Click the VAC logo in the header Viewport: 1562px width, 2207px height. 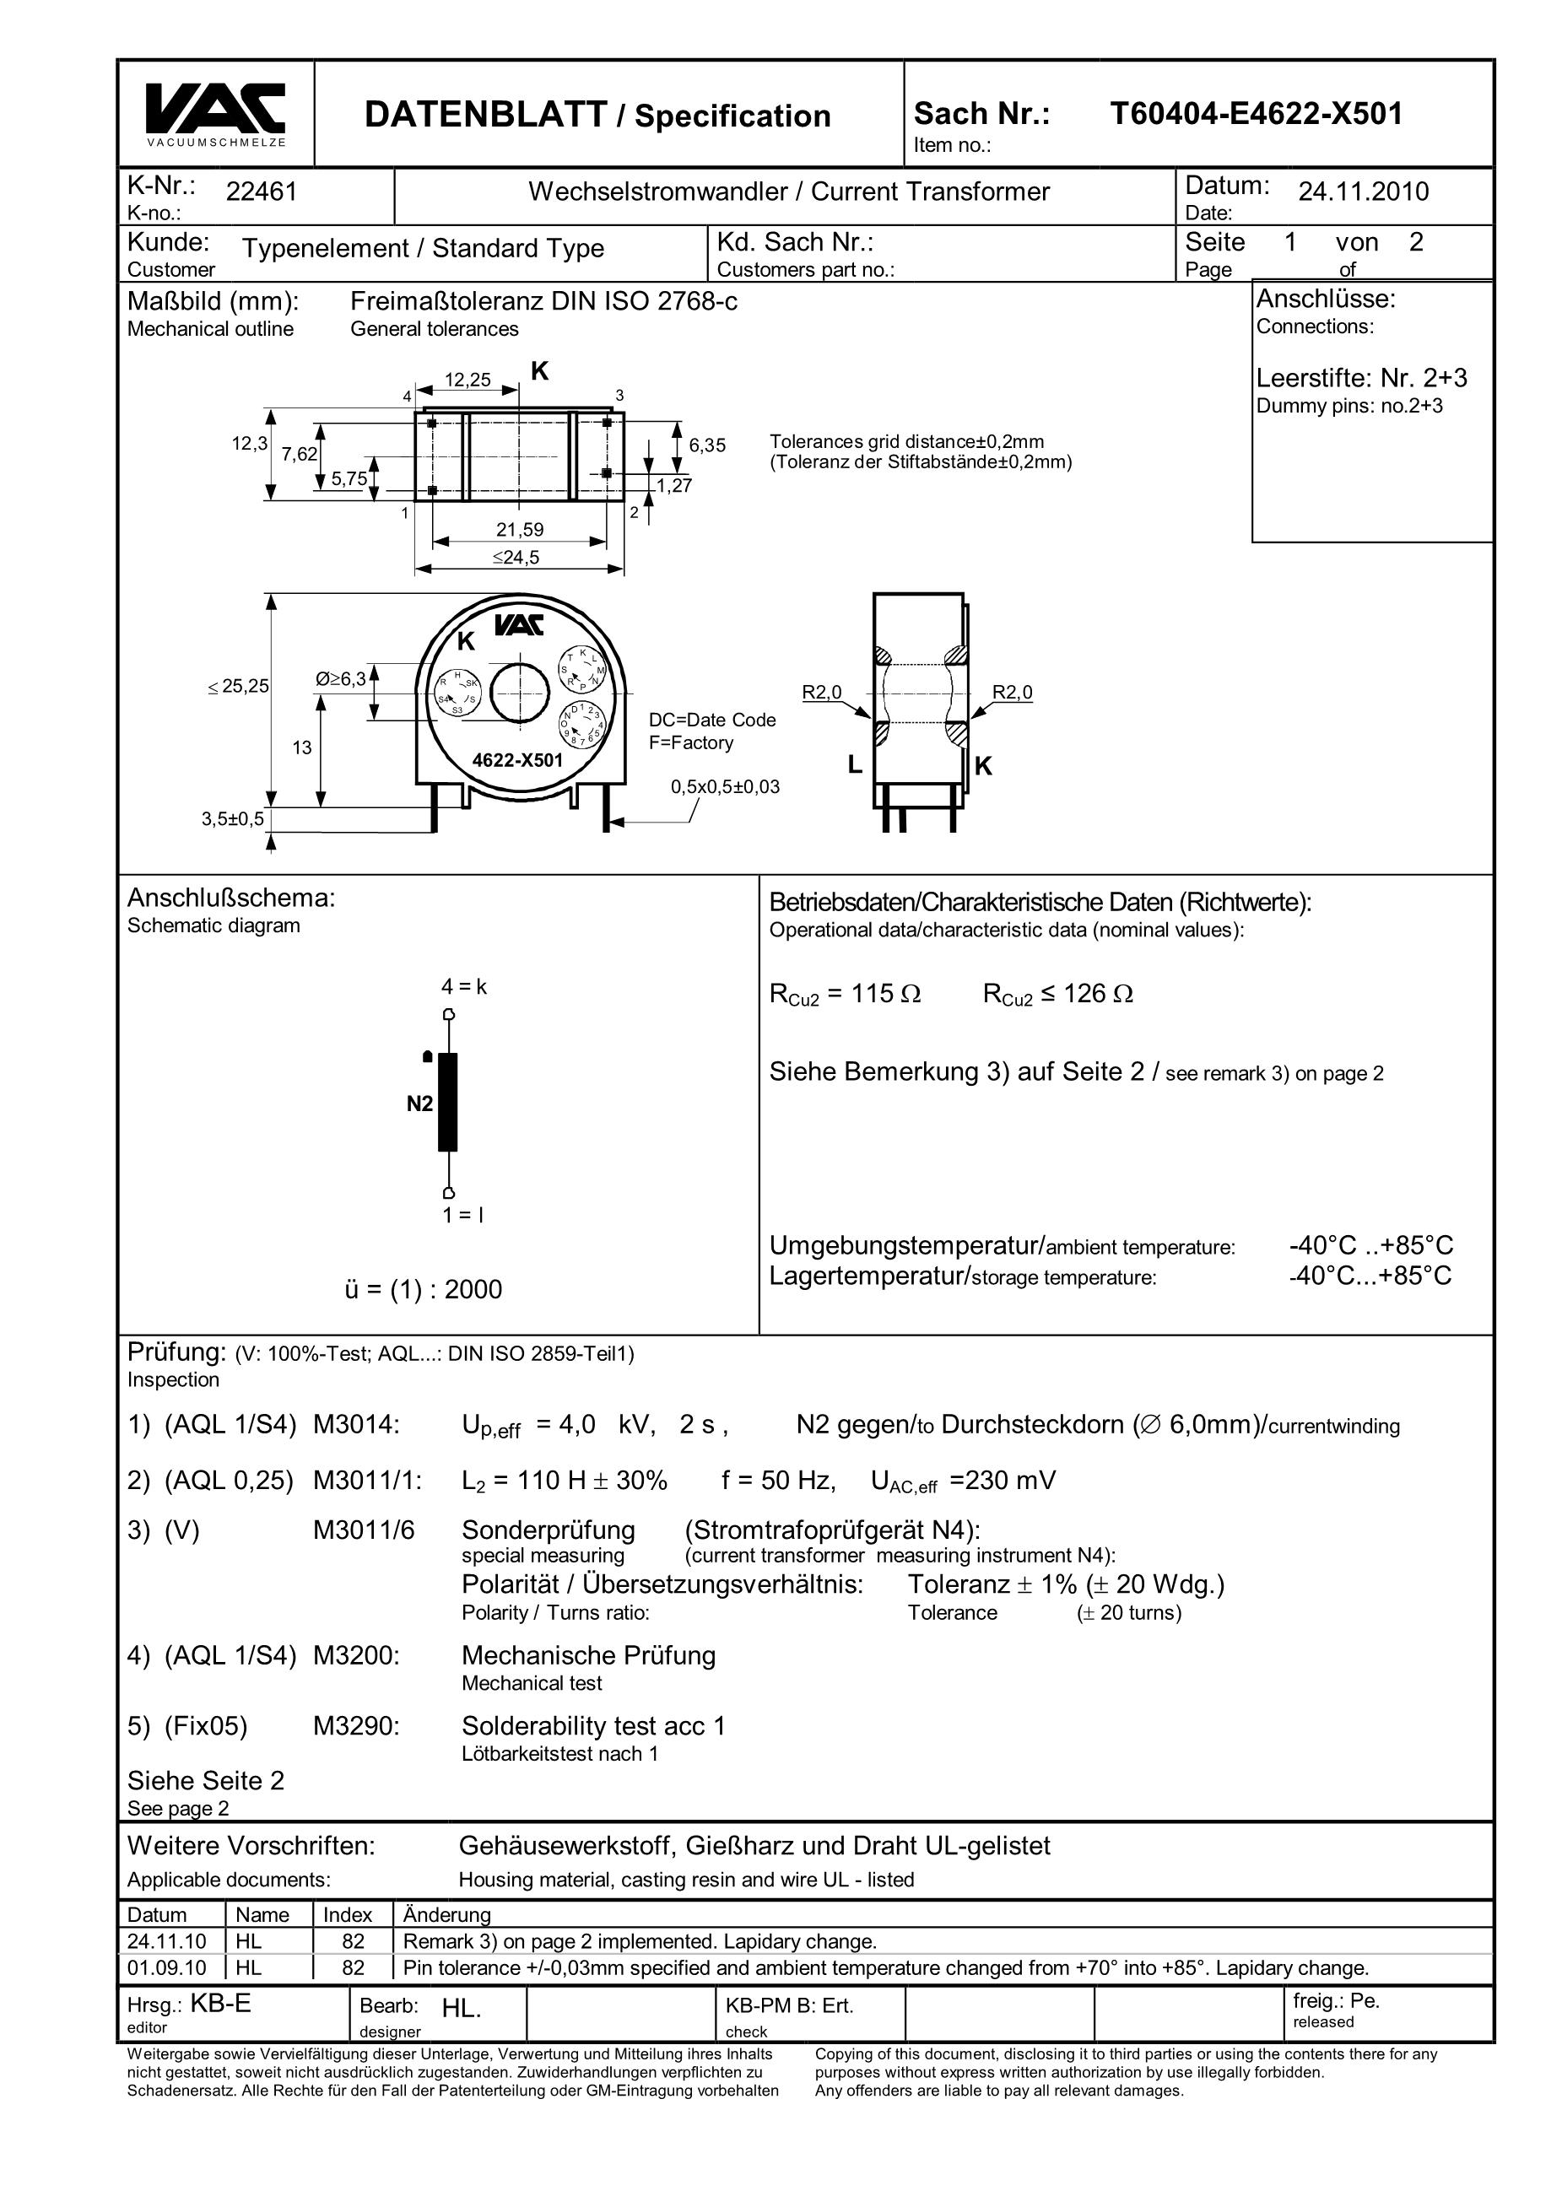[215, 109]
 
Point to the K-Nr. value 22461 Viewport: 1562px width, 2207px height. [262, 192]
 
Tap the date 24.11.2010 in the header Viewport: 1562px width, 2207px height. [1363, 192]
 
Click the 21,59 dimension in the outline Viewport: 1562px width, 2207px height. [519, 529]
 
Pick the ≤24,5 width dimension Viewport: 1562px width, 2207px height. [516, 557]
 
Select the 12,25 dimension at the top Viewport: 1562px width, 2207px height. [468, 380]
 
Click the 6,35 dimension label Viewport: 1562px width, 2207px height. [707, 445]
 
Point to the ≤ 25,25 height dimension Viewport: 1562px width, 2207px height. [238, 687]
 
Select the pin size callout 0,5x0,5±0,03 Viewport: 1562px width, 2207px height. [725, 786]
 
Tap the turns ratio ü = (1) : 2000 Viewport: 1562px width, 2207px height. [424, 1290]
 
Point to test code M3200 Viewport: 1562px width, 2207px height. [356, 1655]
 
